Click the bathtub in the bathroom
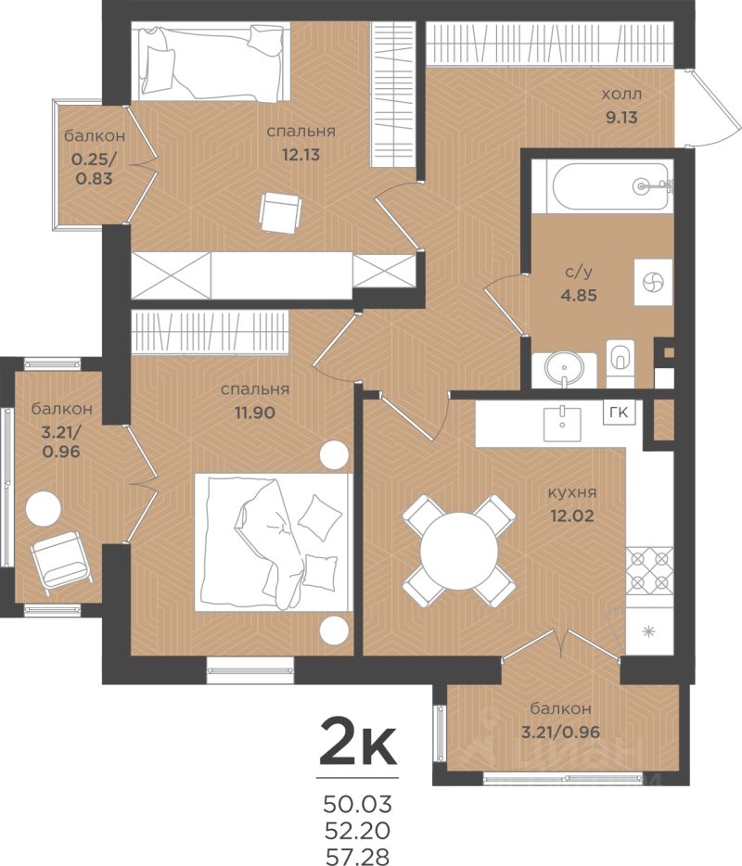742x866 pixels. pos(610,186)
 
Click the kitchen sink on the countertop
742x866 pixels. pos(562,424)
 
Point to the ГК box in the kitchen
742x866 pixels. pos(619,413)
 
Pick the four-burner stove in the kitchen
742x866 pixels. pos(649,569)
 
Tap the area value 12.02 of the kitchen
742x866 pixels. pos(571,516)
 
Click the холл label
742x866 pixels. pos(621,95)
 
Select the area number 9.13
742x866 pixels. pos(621,117)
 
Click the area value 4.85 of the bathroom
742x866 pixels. pos(579,295)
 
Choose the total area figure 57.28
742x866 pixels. pos(358,856)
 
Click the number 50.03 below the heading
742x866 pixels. pos(358,804)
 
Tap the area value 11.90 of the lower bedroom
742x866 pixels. pos(255,412)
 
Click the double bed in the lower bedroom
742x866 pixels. pos(274,541)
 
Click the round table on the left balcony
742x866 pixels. pos(44,509)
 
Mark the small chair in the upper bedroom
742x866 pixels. pos(281,213)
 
